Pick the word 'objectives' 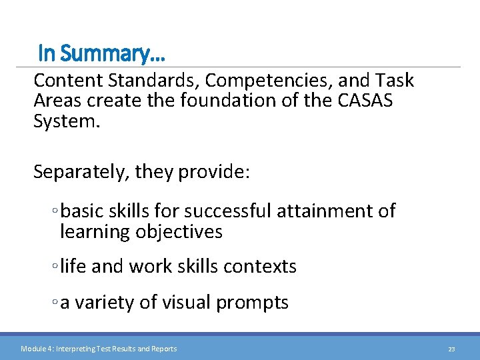(x=179, y=232)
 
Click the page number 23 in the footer (x=451, y=349)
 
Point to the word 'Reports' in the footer (x=163, y=349)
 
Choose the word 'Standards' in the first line (x=138, y=81)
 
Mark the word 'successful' (x=228, y=211)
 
